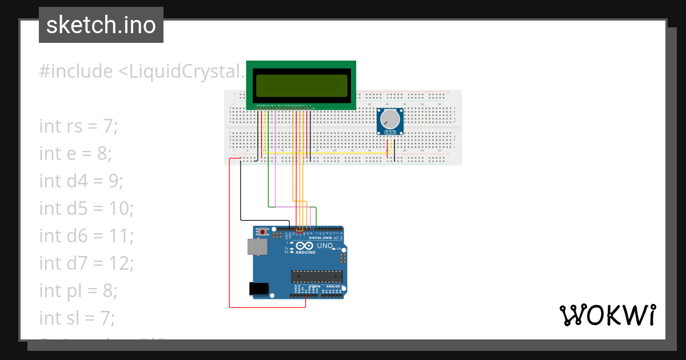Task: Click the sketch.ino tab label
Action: (101, 25)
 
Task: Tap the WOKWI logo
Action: (607, 315)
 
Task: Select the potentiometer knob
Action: (390, 119)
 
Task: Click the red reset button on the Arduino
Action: (263, 232)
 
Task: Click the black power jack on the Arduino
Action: (260, 289)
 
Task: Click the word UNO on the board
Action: (325, 245)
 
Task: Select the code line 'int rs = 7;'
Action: (78, 126)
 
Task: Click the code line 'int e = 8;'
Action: (75, 153)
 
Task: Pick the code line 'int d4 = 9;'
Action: (81, 181)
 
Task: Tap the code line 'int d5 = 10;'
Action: (86, 208)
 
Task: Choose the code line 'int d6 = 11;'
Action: (86, 235)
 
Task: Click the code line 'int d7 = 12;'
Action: (86, 263)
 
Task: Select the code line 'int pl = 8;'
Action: (78, 290)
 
